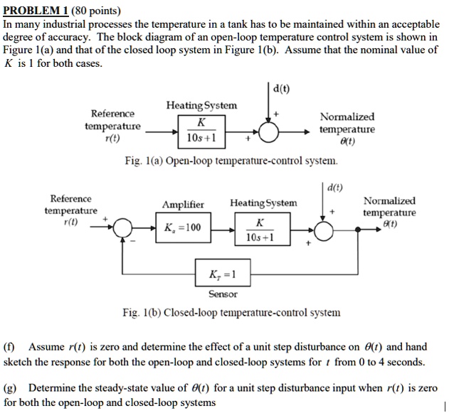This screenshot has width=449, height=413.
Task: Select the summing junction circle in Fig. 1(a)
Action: pyautogui.click(x=269, y=132)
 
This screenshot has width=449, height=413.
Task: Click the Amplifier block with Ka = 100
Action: pyautogui.click(x=183, y=229)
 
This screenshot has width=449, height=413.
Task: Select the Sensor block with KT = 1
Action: pyautogui.click(x=223, y=274)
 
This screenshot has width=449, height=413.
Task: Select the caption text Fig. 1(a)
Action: pyautogui.click(x=142, y=161)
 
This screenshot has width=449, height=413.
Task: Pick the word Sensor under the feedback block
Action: pyautogui.click(x=223, y=294)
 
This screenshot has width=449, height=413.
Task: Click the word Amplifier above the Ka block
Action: pyautogui.click(x=183, y=205)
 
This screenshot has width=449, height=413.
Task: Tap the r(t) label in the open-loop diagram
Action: pyautogui.click(x=112, y=139)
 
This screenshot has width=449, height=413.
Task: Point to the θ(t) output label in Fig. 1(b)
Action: pyautogui.click(x=389, y=224)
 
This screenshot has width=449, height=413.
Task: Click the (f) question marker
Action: pyautogui.click(x=10, y=348)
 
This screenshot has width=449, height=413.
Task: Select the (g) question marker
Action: pyautogui.click(x=10, y=389)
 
